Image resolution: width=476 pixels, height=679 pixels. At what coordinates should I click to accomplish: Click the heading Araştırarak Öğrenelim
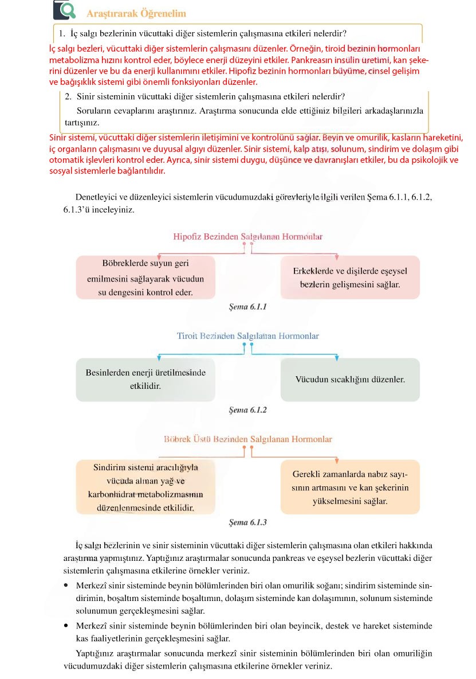[x=136, y=13]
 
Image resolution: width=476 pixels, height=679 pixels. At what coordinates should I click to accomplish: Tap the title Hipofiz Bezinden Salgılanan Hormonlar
[x=248, y=236]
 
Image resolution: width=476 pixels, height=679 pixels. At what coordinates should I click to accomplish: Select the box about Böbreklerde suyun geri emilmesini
[x=145, y=278]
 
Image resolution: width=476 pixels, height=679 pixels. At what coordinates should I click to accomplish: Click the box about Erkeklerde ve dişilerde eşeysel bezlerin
[x=349, y=277]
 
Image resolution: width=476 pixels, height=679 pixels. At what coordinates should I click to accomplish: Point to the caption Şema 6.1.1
[x=247, y=307]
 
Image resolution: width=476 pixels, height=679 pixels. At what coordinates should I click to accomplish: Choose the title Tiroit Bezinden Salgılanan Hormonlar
[x=248, y=336]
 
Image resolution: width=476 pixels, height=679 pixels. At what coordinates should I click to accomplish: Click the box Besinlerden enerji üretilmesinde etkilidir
[x=145, y=380]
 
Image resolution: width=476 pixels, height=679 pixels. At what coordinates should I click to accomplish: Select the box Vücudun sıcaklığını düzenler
[x=350, y=380]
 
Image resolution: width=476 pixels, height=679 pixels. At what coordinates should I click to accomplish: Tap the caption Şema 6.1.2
[x=247, y=410]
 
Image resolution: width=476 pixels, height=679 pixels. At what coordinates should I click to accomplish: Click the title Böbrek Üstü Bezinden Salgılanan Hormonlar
[x=248, y=439]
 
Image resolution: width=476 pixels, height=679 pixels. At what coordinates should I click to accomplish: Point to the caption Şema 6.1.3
[x=247, y=522]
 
